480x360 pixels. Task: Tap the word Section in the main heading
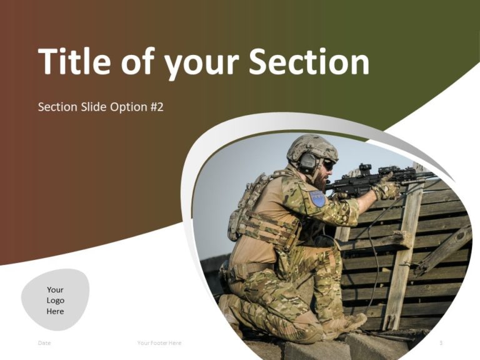(x=309, y=62)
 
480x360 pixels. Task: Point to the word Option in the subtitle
(x=127, y=107)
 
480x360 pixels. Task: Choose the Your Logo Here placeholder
(x=55, y=300)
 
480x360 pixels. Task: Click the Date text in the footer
(x=44, y=343)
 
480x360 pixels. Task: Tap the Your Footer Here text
(x=159, y=343)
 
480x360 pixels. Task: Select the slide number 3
(x=441, y=343)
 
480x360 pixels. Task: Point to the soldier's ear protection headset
(x=308, y=163)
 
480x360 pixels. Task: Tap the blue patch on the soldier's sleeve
(x=317, y=199)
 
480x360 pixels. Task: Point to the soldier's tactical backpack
(x=247, y=209)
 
